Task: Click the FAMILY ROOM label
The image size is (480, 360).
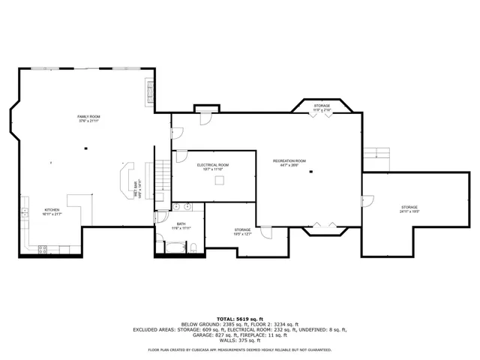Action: pyautogui.click(x=89, y=118)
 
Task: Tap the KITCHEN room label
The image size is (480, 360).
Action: pyautogui.click(x=51, y=211)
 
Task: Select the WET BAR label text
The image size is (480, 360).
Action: pyautogui.click(x=137, y=189)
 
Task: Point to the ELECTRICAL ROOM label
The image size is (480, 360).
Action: pyautogui.click(x=213, y=166)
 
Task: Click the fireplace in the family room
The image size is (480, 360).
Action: pyautogui.click(x=149, y=91)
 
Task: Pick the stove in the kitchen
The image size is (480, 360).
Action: pyautogui.click(x=43, y=248)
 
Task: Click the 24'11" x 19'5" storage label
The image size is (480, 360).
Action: pyautogui.click(x=409, y=209)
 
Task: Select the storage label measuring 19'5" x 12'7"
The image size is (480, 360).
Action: pyautogui.click(x=242, y=232)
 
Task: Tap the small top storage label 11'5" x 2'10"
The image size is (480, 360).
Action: pyautogui.click(x=322, y=107)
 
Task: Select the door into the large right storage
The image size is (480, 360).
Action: pyautogui.click(x=366, y=201)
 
